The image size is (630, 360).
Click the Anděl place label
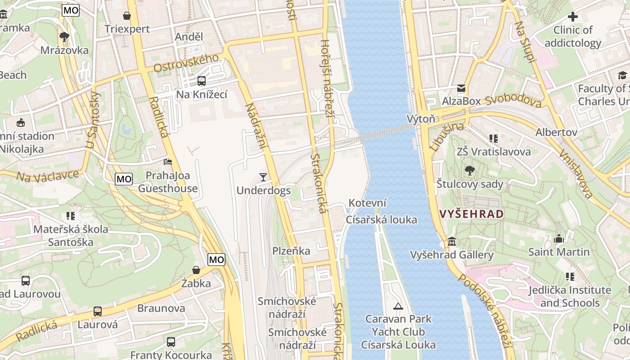189,37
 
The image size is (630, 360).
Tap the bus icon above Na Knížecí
201,81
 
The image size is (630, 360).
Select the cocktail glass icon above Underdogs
263,177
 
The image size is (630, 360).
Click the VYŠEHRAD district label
471,214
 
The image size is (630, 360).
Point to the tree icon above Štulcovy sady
469,171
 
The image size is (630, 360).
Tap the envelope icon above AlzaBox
461,88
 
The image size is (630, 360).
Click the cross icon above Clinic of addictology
572,17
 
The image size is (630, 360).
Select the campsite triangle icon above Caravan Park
398,306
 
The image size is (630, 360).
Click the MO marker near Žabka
216,260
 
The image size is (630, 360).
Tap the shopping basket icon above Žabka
196,270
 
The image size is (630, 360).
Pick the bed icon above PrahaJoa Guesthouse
167,162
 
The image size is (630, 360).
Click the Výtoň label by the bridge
421,119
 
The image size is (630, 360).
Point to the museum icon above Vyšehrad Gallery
452,242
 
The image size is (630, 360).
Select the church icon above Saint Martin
559,239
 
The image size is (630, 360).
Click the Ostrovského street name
186,63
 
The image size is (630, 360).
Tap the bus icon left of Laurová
98,311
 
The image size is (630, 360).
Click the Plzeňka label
291,251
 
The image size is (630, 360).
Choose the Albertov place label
556,132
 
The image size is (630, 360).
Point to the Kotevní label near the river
368,203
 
